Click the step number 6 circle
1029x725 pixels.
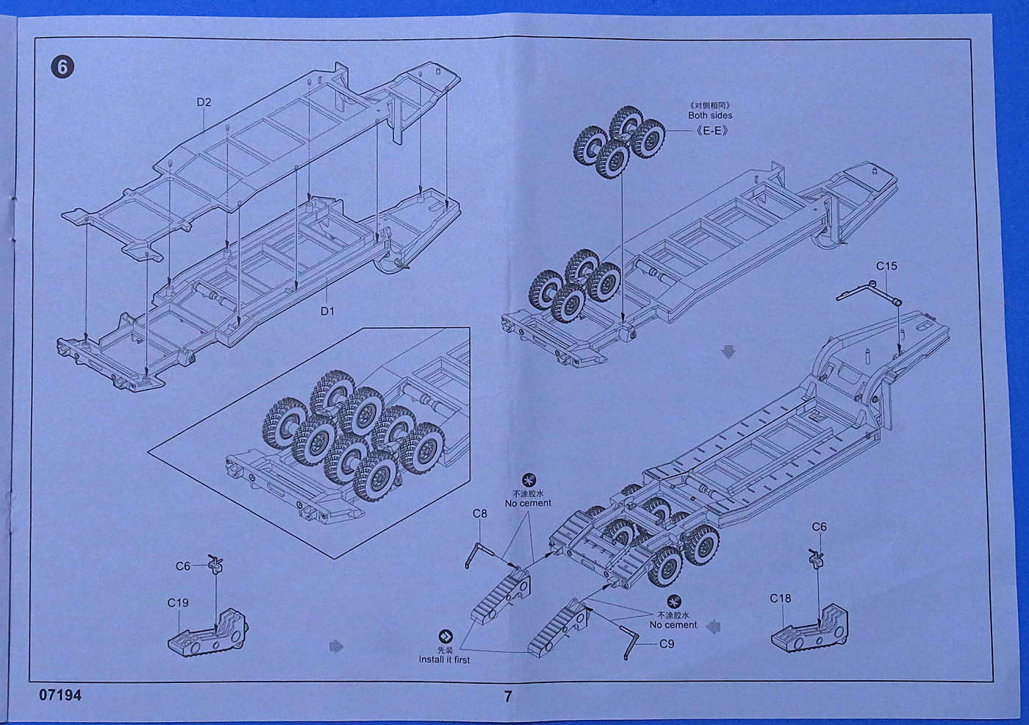tap(62, 68)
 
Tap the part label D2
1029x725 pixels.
tap(204, 102)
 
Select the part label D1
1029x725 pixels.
tap(327, 311)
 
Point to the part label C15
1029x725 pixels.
tap(886, 266)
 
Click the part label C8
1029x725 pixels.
tap(479, 513)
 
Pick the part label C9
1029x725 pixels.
tap(666, 644)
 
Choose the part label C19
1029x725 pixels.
tap(178, 603)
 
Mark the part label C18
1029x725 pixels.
tap(781, 599)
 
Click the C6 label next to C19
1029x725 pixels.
tap(183, 566)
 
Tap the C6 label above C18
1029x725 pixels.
tap(819, 527)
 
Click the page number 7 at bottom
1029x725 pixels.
tap(508, 696)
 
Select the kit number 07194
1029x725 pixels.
tap(60, 695)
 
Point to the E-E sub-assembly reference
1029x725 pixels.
tap(711, 131)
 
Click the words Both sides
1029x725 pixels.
tap(710, 115)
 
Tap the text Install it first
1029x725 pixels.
tap(445, 660)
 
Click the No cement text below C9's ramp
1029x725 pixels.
tap(673, 625)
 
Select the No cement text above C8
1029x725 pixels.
tap(528, 504)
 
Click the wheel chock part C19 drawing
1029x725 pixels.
tap(209, 634)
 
